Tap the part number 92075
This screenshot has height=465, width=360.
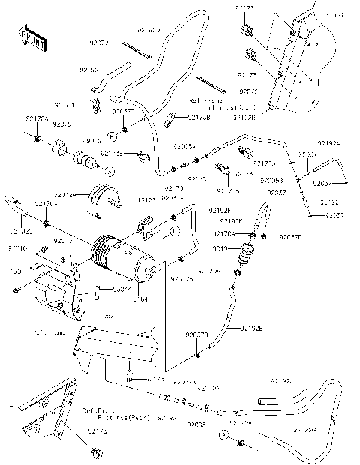pos(64,124)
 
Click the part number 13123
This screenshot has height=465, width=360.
pos(147,200)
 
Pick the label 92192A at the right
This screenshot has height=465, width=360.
pos(328,142)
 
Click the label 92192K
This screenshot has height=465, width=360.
pos(231,222)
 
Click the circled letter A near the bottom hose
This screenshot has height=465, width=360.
pos(223,434)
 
